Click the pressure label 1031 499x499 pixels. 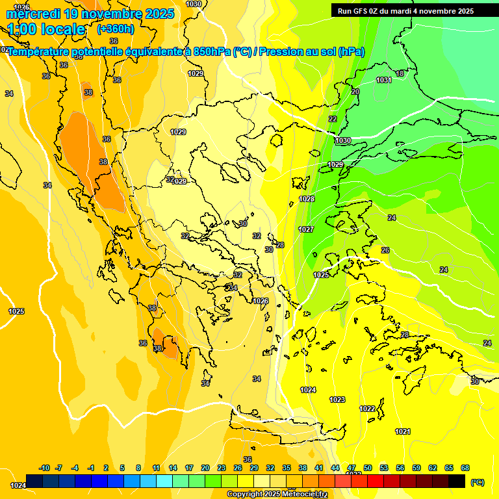click(x=384, y=80)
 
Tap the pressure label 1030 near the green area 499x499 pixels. click(x=343, y=141)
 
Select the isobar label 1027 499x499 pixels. click(x=306, y=229)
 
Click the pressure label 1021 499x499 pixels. click(x=403, y=431)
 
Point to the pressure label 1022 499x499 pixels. click(x=367, y=409)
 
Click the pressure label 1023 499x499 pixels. click(x=337, y=400)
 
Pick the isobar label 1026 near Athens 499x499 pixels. click(x=261, y=301)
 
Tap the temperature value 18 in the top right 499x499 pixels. click(x=400, y=73)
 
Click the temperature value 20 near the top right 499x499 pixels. click(x=355, y=92)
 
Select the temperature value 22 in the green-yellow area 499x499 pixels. click(x=333, y=119)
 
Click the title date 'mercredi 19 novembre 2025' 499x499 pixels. click(x=91, y=13)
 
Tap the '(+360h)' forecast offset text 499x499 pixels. click(x=116, y=29)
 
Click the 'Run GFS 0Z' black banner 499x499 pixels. click(x=405, y=11)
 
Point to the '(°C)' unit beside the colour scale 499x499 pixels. click(x=477, y=482)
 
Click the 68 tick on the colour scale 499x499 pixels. click(x=465, y=468)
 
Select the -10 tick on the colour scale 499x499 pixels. click(x=44, y=468)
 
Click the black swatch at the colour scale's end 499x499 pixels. click(x=457, y=481)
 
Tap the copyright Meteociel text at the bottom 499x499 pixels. click(x=277, y=494)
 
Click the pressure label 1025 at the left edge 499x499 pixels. click(x=16, y=311)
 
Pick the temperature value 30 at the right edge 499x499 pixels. click(x=474, y=381)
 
